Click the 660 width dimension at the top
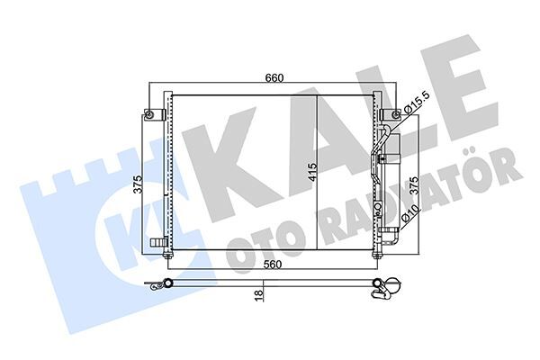point(275,78)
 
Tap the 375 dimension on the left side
point(137,184)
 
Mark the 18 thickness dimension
point(257,294)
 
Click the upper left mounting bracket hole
point(148,114)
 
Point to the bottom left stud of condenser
point(168,258)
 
